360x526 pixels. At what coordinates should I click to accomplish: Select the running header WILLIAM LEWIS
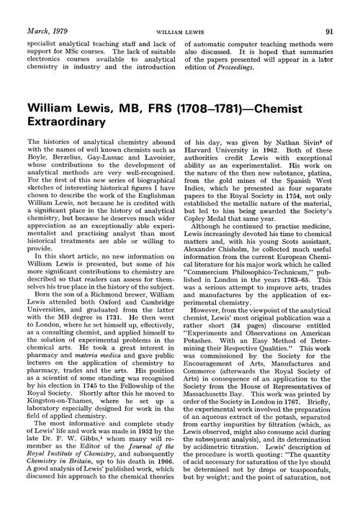179,12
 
